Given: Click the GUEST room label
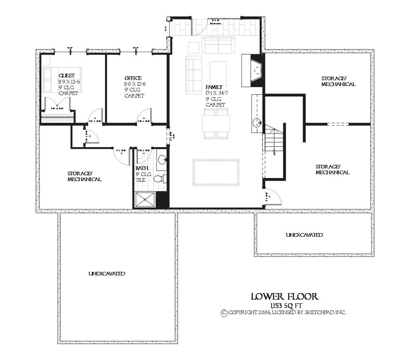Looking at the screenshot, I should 67,76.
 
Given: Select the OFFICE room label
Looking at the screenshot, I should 133,78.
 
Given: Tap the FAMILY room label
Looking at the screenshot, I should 214,87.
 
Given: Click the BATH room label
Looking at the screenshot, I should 142,168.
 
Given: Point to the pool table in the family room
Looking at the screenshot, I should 216,172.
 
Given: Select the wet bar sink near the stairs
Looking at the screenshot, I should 257,121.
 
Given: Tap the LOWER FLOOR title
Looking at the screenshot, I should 285,297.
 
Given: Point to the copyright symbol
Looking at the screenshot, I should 224,313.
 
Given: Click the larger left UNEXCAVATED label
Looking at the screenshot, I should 107,274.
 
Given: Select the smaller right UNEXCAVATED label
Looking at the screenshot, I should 304,235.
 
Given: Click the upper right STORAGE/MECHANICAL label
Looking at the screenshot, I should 338,81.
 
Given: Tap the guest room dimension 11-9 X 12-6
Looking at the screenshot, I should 69,82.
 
